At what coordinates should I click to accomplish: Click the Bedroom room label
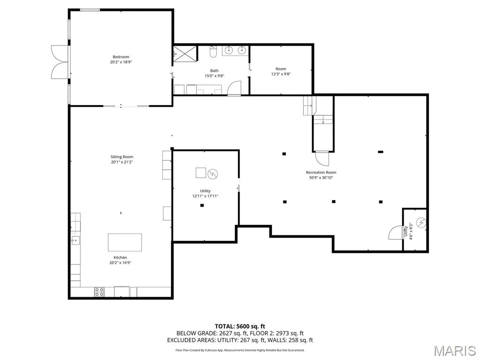(x=121, y=57)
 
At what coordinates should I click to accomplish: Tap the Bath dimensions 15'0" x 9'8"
(x=214, y=76)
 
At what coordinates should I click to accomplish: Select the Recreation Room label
(x=321, y=172)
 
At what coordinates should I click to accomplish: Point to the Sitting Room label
(x=122, y=157)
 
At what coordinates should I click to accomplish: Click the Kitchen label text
(x=120, y=258)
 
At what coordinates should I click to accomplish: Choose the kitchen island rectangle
(x=125, y=242)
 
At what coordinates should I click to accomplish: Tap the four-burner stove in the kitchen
(x=99, y=292)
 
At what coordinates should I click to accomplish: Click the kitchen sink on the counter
(x=75, y=240)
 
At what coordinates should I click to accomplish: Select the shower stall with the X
(x=185, y=54)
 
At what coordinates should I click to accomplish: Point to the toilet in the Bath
(x=213, y=52)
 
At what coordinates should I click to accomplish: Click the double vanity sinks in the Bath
(x=235, y=51)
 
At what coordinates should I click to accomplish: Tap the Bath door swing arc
(x=234, y=88)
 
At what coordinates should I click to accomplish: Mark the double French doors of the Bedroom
(x=60, y=62)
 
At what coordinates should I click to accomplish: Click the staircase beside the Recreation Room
(x=318, y=110)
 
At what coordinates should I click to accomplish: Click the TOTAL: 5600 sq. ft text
(x=240, y=326)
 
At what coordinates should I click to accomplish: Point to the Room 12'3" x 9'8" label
(x=281, y=71)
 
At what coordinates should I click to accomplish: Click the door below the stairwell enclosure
(x=322, y=158)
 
